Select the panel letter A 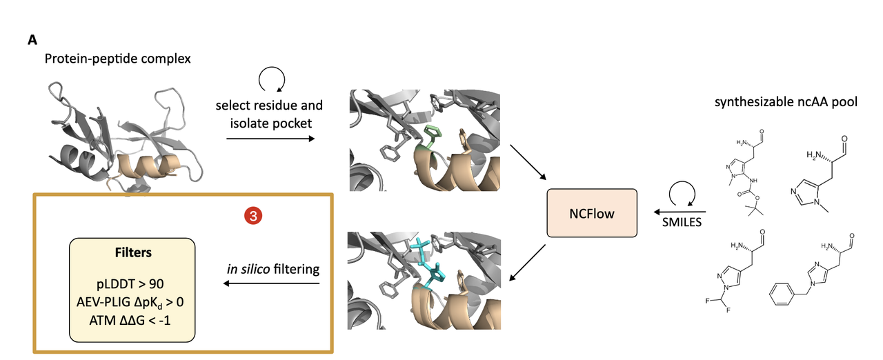pos(32,40)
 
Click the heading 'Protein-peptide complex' pos(117,59)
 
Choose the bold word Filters pos(132,253)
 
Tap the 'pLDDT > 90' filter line pos(132,283)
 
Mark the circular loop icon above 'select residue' pos(268,81)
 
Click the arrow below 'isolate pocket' pos(270,138)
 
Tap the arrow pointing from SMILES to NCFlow pos(679,212)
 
